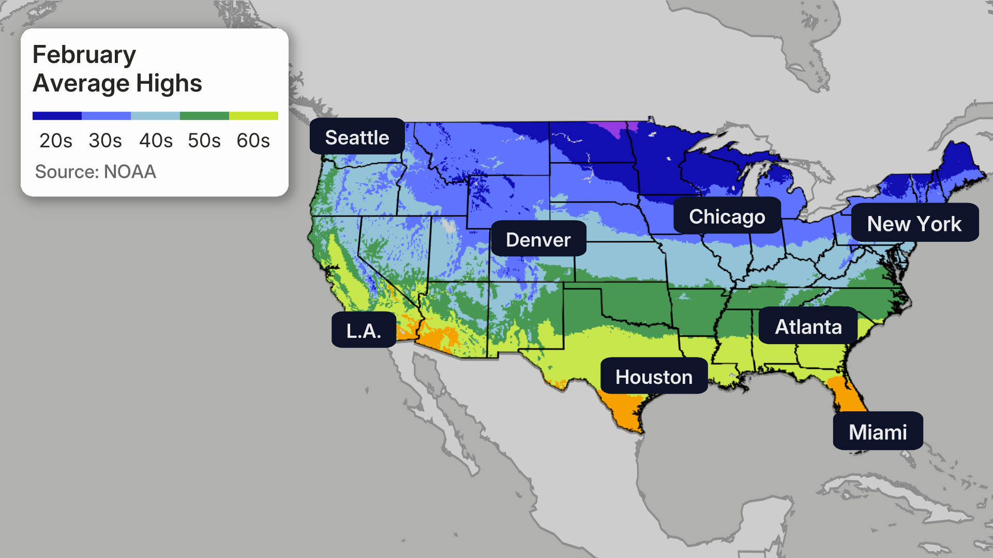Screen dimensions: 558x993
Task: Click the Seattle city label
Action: pyautogui.click(x=357, y=137)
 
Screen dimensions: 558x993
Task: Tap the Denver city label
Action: pyautogui.click(x=538, y=239)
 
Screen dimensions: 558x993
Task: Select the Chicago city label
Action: pyautogui.click(x=727, y=216)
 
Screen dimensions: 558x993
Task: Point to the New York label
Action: pyautogui.click(x=914, y=223)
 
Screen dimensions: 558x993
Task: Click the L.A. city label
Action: pyautogui.click(x=364, y=330)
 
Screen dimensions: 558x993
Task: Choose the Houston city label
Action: pyautogui.click(x=654, y=376)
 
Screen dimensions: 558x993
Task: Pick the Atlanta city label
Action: pyautogui.click(x=808, y=326)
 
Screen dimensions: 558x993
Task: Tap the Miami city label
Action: pyautogui.click(x=878, y=431)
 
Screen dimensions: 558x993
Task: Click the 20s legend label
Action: pyautogui.click(x=56, y=140)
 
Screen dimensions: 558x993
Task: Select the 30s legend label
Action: pyautogui.click(x=105, y=140)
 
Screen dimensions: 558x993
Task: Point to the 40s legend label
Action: pyautogui.click(x=156, y=140)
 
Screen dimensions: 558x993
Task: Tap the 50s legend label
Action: pyautogui.click(x=204, y=140)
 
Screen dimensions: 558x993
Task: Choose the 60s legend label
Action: pyautogui.click(x=253, y=140)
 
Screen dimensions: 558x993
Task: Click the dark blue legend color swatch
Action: pyautogui.click(x=57, y=116)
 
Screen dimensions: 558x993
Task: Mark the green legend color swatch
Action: pyautogui.click(x=204, y=116)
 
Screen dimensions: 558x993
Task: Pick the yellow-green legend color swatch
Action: pyautogui.click(x=253, y=116)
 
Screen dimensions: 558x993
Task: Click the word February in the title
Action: pyautogui.click(x=84, y=55)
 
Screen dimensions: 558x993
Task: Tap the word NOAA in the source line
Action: pyautogui.click(x=130, y=172)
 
